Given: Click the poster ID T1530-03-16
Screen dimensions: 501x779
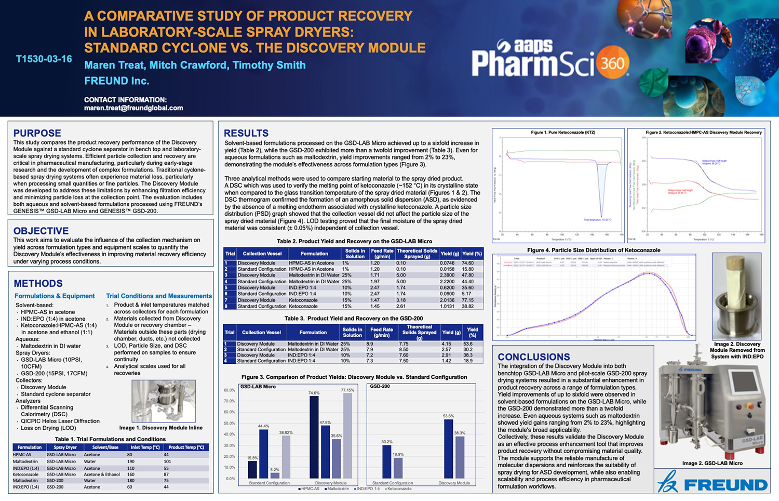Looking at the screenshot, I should click(44, 59).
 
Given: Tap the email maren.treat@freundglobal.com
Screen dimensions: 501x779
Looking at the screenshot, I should click(133, 108).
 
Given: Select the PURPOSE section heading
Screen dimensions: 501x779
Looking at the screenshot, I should click(37, 133).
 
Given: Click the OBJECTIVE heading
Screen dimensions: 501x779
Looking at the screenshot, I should click(41, 231).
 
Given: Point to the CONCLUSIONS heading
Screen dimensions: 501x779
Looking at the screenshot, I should click(534, 357).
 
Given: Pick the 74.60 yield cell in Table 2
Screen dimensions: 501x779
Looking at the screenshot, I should click(467, 263).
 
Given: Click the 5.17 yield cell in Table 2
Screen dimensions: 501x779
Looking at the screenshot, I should click(467, 294).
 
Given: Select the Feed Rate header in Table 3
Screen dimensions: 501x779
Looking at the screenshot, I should click(382, 332).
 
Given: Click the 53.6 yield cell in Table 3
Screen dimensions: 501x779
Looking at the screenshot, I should click(467, 344).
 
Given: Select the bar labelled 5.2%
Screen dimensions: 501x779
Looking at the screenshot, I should click(275, 475).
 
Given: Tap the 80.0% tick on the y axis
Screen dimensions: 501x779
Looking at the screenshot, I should click(229, 390).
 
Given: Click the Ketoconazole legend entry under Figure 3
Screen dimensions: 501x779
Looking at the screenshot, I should click(399, 489).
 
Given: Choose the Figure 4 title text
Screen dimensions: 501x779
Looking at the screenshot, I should click(594, 250).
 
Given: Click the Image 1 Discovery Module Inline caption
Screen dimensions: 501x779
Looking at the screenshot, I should click(161, 428).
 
